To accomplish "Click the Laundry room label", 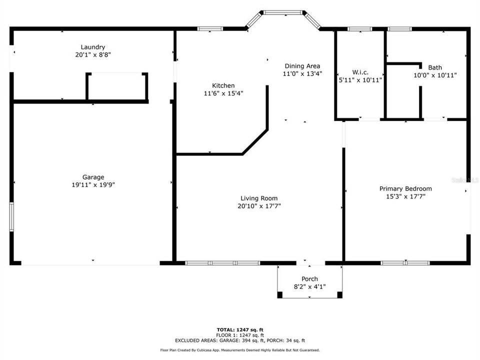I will tap(92, 47).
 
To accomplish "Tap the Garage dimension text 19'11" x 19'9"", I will tap(93, 184).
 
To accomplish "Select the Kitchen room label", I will tap(222, 85).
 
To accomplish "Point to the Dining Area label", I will tap(302, 66).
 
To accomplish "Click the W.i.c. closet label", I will tap(360, 72).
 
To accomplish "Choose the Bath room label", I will tap(434, 67).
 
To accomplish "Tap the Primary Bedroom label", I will tap(405, 188).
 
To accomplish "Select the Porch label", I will tap(309, 279).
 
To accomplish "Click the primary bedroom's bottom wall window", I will tap(405, 262).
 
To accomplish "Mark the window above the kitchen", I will tap(210, 29).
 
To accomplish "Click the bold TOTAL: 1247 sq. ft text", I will tap(239, 329).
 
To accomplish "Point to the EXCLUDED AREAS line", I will tap(239, 340).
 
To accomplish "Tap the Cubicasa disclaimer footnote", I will tap(239, 350).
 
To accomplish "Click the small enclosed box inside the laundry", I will tap(117, 87).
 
